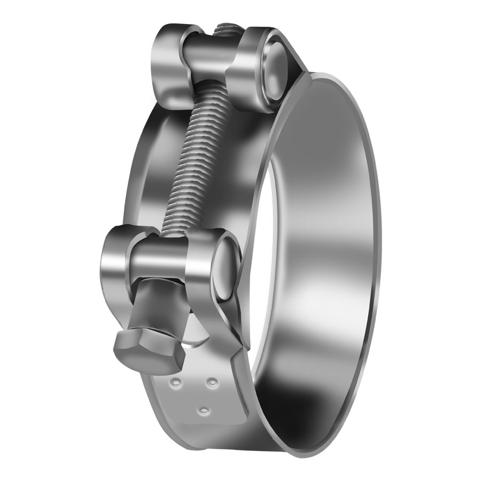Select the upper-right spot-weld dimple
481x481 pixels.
click(x=212, y=382)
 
